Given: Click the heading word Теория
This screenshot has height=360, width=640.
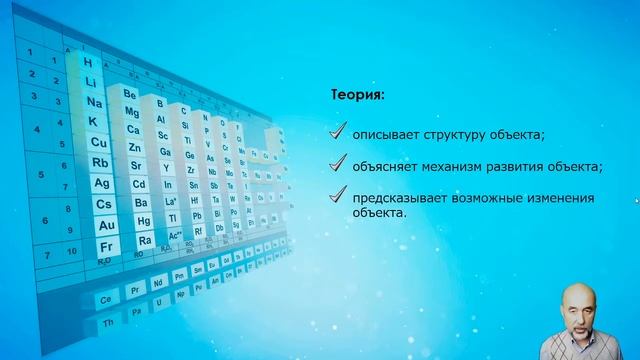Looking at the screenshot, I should (x=357, y=96).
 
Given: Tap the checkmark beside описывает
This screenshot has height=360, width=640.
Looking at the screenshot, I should (x=340, y=131).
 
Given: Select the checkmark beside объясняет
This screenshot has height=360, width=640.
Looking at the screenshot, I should (x=340, y=164).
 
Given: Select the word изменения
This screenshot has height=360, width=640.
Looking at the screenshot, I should (x=564, y=199).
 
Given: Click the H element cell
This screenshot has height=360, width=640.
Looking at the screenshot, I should (x=90, y=62).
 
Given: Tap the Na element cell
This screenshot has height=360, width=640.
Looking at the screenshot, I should (x=93, y=102).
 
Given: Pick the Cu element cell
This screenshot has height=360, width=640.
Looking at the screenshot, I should (x=98, y=142).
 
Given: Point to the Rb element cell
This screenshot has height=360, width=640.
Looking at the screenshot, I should (x=100, y=162).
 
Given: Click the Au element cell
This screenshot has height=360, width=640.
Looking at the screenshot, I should (x=106, y=225).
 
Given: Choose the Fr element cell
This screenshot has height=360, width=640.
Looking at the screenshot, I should (x=108, y=246).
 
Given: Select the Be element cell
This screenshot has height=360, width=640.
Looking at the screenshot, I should (x=129, y=93).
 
